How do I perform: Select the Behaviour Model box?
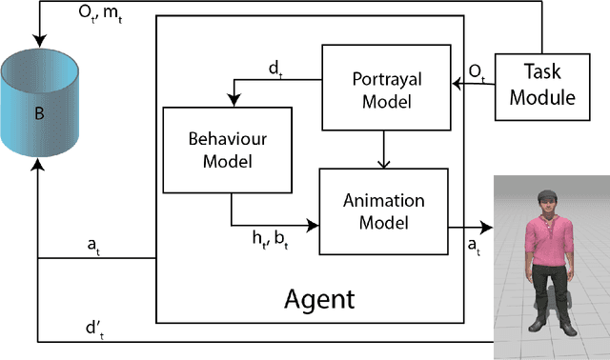coord(218,149)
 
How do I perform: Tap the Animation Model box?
coord(381,210)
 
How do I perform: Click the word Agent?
coord(319,299)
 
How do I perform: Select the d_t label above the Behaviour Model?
coord(276,69)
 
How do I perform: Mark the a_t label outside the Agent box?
coord(94,244)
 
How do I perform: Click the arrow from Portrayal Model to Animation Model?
coord(382,149)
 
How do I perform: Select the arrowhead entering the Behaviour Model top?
coord(231,100)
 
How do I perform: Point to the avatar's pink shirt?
coord(546,238)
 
